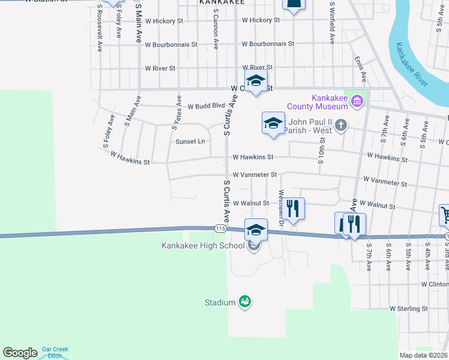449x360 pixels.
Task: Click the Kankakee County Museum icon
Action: click(358, 100)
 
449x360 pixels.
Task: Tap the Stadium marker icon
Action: click(244, 301)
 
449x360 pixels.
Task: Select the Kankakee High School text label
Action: click(203, 245)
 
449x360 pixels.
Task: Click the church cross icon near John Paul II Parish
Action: click(342, 125)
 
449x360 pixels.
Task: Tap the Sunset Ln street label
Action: click(190, 142)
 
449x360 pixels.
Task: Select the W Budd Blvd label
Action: click(205, 107)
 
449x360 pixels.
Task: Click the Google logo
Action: click(20, 353)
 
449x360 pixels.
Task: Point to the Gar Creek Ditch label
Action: click(55, 352)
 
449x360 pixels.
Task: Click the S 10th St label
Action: click(322, 149)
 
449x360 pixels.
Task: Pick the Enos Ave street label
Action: click(361, 69)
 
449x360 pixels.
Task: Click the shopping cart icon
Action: click(445, 214)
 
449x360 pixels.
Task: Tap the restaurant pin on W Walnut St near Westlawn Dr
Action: click(293, 209)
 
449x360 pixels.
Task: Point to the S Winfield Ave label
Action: click(331, 23)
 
